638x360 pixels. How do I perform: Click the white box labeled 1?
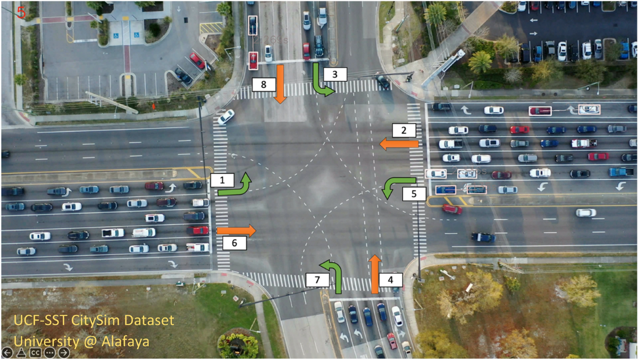221,180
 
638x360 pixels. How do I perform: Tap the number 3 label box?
334,74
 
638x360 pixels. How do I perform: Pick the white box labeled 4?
391,279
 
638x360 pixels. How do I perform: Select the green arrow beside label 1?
237,185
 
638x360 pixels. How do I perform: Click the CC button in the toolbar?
36,353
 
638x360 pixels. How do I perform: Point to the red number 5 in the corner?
21,12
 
